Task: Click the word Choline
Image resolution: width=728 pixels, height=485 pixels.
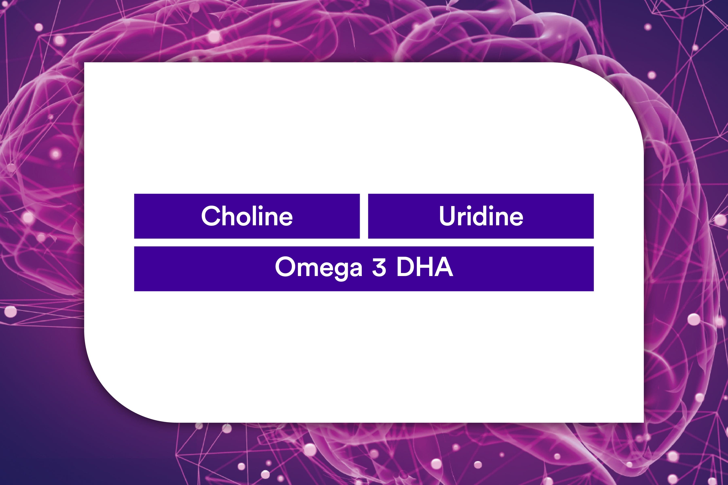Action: tap(247, 216)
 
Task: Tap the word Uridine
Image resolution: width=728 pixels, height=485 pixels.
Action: tap(481, 216)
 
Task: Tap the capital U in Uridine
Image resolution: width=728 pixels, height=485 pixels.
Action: tap(448, 216)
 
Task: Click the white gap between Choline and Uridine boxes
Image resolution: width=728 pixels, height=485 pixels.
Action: tap(364, 216)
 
